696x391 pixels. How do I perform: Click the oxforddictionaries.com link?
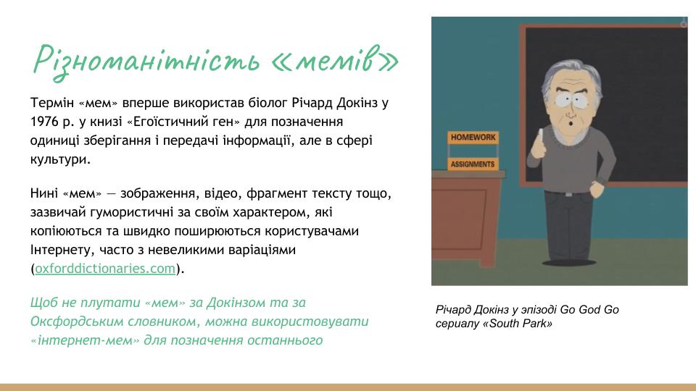pos(105,268)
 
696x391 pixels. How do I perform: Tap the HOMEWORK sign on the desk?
pos(473,138)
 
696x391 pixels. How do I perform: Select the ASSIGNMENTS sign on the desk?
pos(472,164)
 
